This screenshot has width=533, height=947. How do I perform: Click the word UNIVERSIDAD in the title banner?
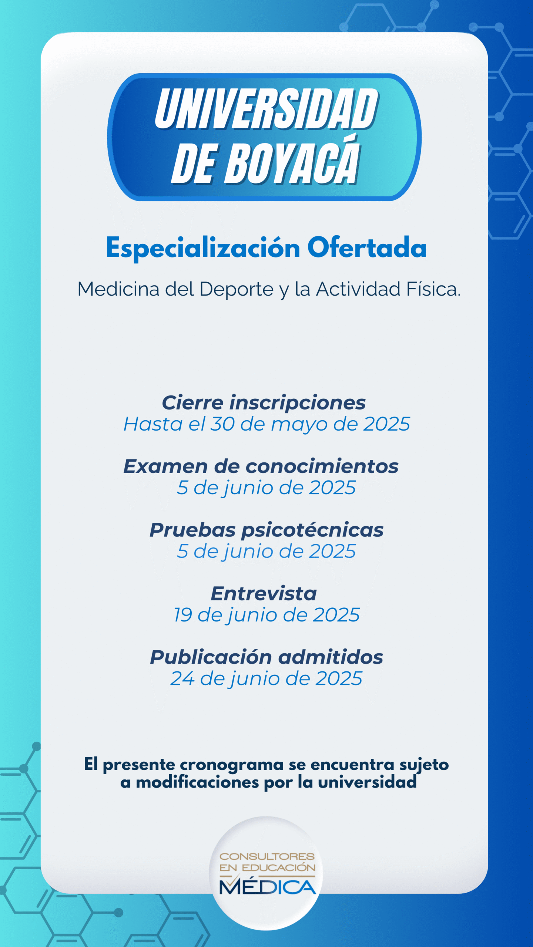point(266,109)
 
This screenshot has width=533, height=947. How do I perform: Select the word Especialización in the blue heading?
point(203,248)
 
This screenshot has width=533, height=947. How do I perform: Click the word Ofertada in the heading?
point(367,247)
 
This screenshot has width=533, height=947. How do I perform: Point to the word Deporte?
point(237,290)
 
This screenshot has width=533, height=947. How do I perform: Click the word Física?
point(433,289)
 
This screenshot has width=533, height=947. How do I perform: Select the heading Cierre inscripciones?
point(264,403)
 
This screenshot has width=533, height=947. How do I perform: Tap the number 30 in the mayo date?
point(222,424)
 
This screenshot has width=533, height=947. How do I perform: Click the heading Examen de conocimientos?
point(261,466)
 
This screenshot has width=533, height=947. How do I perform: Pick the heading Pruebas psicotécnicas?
point(266,530)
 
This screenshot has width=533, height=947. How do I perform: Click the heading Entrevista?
point(264,594)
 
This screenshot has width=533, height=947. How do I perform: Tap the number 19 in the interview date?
point(183,615)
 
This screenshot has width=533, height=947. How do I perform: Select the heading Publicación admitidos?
point(266,657)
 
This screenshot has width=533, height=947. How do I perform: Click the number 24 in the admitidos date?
point(182,678)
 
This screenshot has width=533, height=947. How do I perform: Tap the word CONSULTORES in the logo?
point(267,857)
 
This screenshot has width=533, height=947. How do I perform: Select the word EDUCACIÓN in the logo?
point(278,868)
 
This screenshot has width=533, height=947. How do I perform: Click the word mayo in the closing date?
point(299,425)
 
